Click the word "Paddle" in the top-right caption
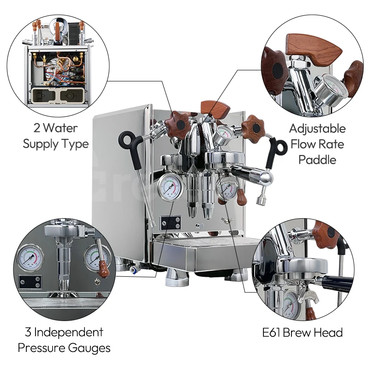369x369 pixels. coord(317,160)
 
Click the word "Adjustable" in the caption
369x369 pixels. coord(317,128)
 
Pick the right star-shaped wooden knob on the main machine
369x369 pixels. coord(253,127)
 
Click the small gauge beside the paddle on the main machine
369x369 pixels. coord(225,133)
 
